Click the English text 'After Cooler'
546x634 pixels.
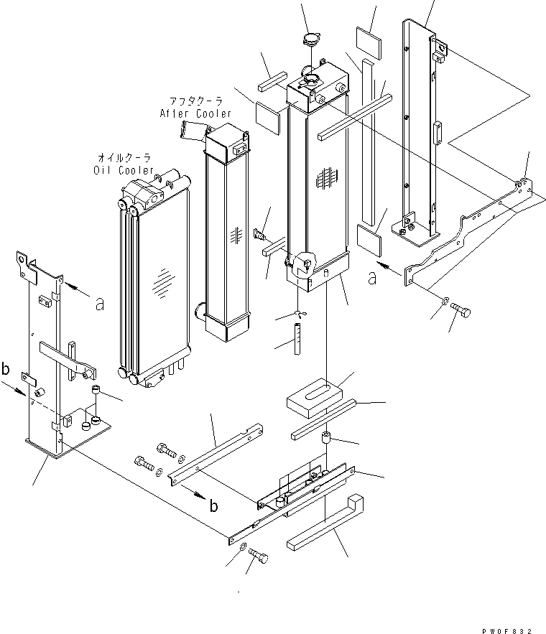click(x=195, y=114)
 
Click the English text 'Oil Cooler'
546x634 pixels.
click(x=124, y=170)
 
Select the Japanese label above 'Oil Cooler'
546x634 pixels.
click(x=124, y=158)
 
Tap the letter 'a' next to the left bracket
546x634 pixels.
click(x=100, y=304)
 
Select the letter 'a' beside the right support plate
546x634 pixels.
click(x=371, y=278)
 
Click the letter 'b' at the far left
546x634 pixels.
click(x=6, y=370)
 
